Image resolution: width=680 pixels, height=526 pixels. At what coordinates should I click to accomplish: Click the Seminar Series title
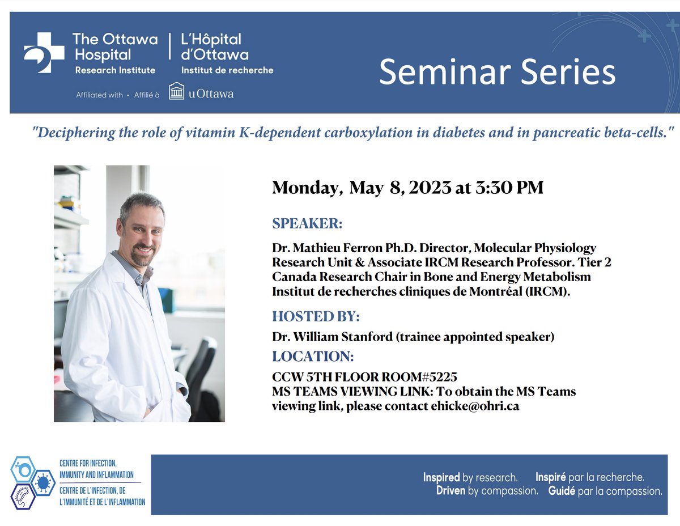tap(497, 72)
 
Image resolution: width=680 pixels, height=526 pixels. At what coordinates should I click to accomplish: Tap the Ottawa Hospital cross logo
tap(44, 53)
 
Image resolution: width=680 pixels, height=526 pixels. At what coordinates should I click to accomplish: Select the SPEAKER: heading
tap(307, 223)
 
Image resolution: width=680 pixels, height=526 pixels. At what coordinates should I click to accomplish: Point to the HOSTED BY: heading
tap(316, 316)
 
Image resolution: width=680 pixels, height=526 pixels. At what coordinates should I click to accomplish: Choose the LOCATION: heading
tap(313, 357)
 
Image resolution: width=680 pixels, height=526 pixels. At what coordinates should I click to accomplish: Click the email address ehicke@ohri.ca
tap(475, 406)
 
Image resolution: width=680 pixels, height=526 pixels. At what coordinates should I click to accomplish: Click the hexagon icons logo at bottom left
tap(31, 482)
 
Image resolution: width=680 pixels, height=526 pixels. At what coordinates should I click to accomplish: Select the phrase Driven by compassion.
tap(487, 491)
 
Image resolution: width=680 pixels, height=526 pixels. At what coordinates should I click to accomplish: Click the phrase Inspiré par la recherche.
tap(589, 477)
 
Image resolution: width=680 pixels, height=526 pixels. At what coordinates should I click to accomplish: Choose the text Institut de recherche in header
tap(227, 70)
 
